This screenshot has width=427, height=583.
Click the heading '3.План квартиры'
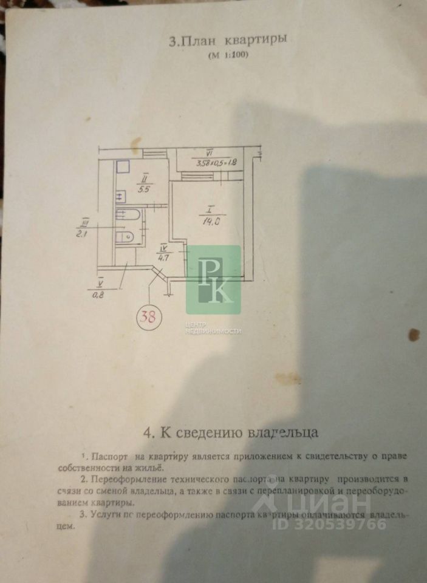[227, 41]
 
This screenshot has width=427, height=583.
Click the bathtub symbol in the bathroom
[128, 214]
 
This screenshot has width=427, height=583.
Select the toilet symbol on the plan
[125, 236]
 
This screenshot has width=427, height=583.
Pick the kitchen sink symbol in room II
[120, 196]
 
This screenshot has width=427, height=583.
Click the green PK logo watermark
[213, 280]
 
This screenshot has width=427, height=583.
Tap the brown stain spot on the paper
[415, 335]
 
